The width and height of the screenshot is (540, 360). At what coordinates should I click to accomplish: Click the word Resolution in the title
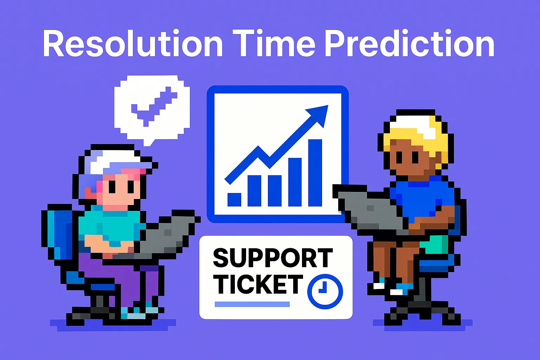click(x=133, y=44)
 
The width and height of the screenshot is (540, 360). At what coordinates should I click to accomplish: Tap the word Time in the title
click(x=274, y=44)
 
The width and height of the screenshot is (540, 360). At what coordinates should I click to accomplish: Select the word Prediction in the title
click(x=409, y=44)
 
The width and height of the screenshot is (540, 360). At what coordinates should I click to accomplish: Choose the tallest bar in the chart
click(x=315, y=172)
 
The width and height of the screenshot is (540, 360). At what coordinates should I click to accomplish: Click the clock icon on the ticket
click(x=324, y=291)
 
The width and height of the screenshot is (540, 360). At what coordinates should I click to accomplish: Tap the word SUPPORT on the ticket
click(x=273, y=258)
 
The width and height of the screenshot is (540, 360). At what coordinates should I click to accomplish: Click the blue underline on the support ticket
click(x=252, y=304)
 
